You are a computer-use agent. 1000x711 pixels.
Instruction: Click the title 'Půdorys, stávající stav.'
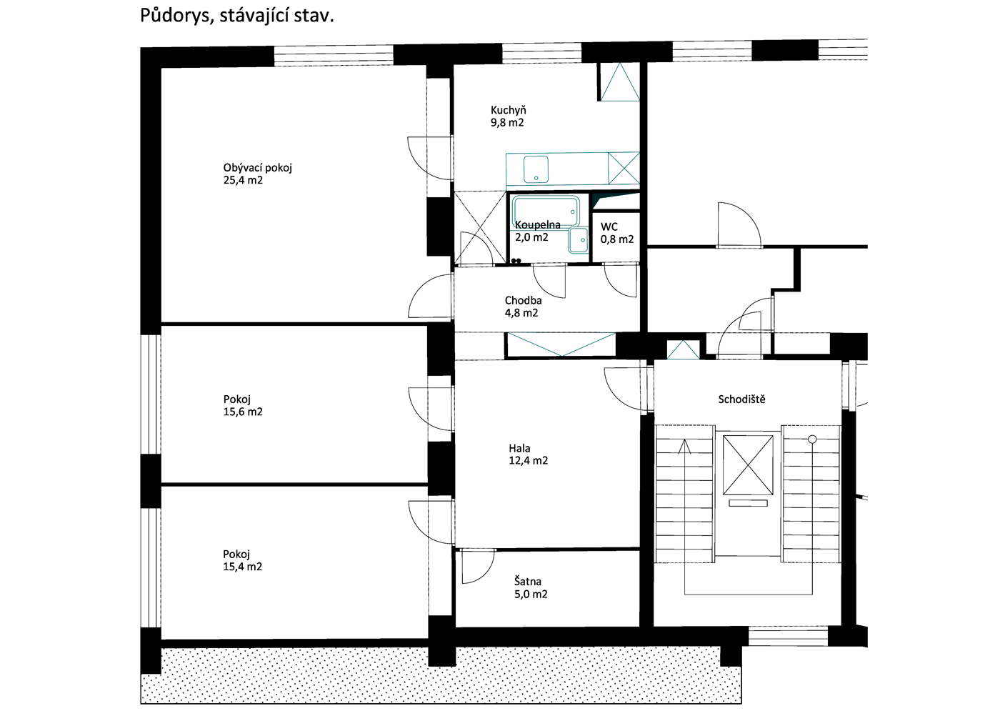pyautogui.click(x=237, y=16)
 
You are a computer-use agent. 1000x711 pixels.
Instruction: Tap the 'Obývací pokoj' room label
pyautogui.click(x=258, y=169)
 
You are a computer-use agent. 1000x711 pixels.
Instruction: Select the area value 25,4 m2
pyautogui.click(x=243, y=180)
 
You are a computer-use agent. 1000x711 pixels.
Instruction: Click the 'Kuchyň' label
pyautogui.click(x=508, y=110)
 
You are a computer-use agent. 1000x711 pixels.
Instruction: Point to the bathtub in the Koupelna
pyautogui.click(x=546, y=211)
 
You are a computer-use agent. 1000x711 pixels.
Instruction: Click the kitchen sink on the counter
pyautogui.click(x=536, y=169)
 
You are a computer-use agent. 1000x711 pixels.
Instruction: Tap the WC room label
pyautogui.click(x=609, y=227)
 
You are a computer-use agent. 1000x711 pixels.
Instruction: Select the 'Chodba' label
pyautogui.click(x=523, y=301)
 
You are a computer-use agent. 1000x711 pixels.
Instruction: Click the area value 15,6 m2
pyautogui.click(x=243, y=412)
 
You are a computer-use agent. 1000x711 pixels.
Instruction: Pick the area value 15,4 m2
pyautogui.click(x=242, y=567)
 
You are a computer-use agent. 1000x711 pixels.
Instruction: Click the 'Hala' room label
pyautogui.click(x=520, y=448)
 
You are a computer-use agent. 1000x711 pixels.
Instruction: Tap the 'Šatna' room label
pyautogui.click(x=528, y=582)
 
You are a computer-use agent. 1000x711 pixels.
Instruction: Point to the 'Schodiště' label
pyautogui.click(x=741, y=399)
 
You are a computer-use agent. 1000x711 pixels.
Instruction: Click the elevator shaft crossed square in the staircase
pyautogui.click(x=748, y=465)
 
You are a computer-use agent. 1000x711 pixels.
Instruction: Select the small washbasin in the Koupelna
pyautogui.click(x=579, y=240)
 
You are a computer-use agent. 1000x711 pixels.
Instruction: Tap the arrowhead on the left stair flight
pyautogui.click(x=684, y=447)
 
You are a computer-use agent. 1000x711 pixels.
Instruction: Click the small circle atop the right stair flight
pyautogui.click(x=812, y=439)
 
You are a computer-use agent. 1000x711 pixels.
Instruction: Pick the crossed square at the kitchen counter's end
pyautogui.click(x=624, y=168)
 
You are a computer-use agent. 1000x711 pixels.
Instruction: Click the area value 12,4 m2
pyautogui.click(x=528, y=460)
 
